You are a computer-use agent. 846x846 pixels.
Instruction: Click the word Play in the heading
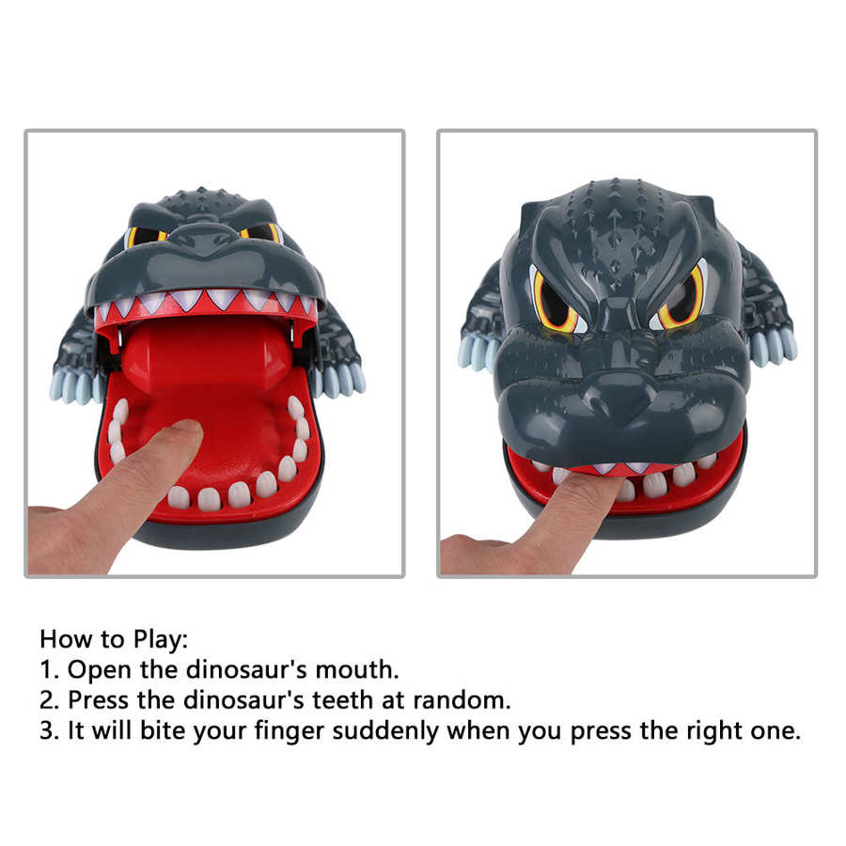pos(160,640)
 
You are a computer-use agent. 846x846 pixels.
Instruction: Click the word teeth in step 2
pos(342,700)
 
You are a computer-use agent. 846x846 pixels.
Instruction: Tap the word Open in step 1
pos(100,670)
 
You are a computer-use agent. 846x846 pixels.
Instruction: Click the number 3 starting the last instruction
pos(48,731)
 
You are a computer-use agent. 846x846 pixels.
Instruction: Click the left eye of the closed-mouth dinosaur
pos(555,301)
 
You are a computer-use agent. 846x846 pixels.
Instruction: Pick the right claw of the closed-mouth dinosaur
pos(774,346)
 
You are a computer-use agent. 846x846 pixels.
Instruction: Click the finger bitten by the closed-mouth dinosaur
pos(540,524)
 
